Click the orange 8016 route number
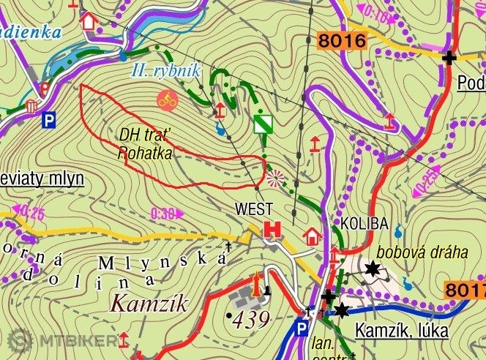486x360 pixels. (x=342, y=41)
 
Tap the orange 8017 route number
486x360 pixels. (x=466, y=290)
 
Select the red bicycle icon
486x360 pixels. (x=168, y=100)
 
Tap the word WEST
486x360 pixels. (x=253, y=209)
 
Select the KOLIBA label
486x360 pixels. (x=358, y=222)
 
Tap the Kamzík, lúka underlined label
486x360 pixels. (x=401, y=330)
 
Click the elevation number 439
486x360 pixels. (x=248, y=318)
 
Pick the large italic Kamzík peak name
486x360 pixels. (x=149, y=302)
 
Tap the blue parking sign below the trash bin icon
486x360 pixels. (x=49, y=119)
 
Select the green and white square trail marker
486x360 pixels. (x=263, y=124)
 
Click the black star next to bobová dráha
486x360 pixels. (x=373, y=269)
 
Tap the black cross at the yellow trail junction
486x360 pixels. (x=449, y=57)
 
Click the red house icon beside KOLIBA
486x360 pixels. (x=313, y=236)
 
